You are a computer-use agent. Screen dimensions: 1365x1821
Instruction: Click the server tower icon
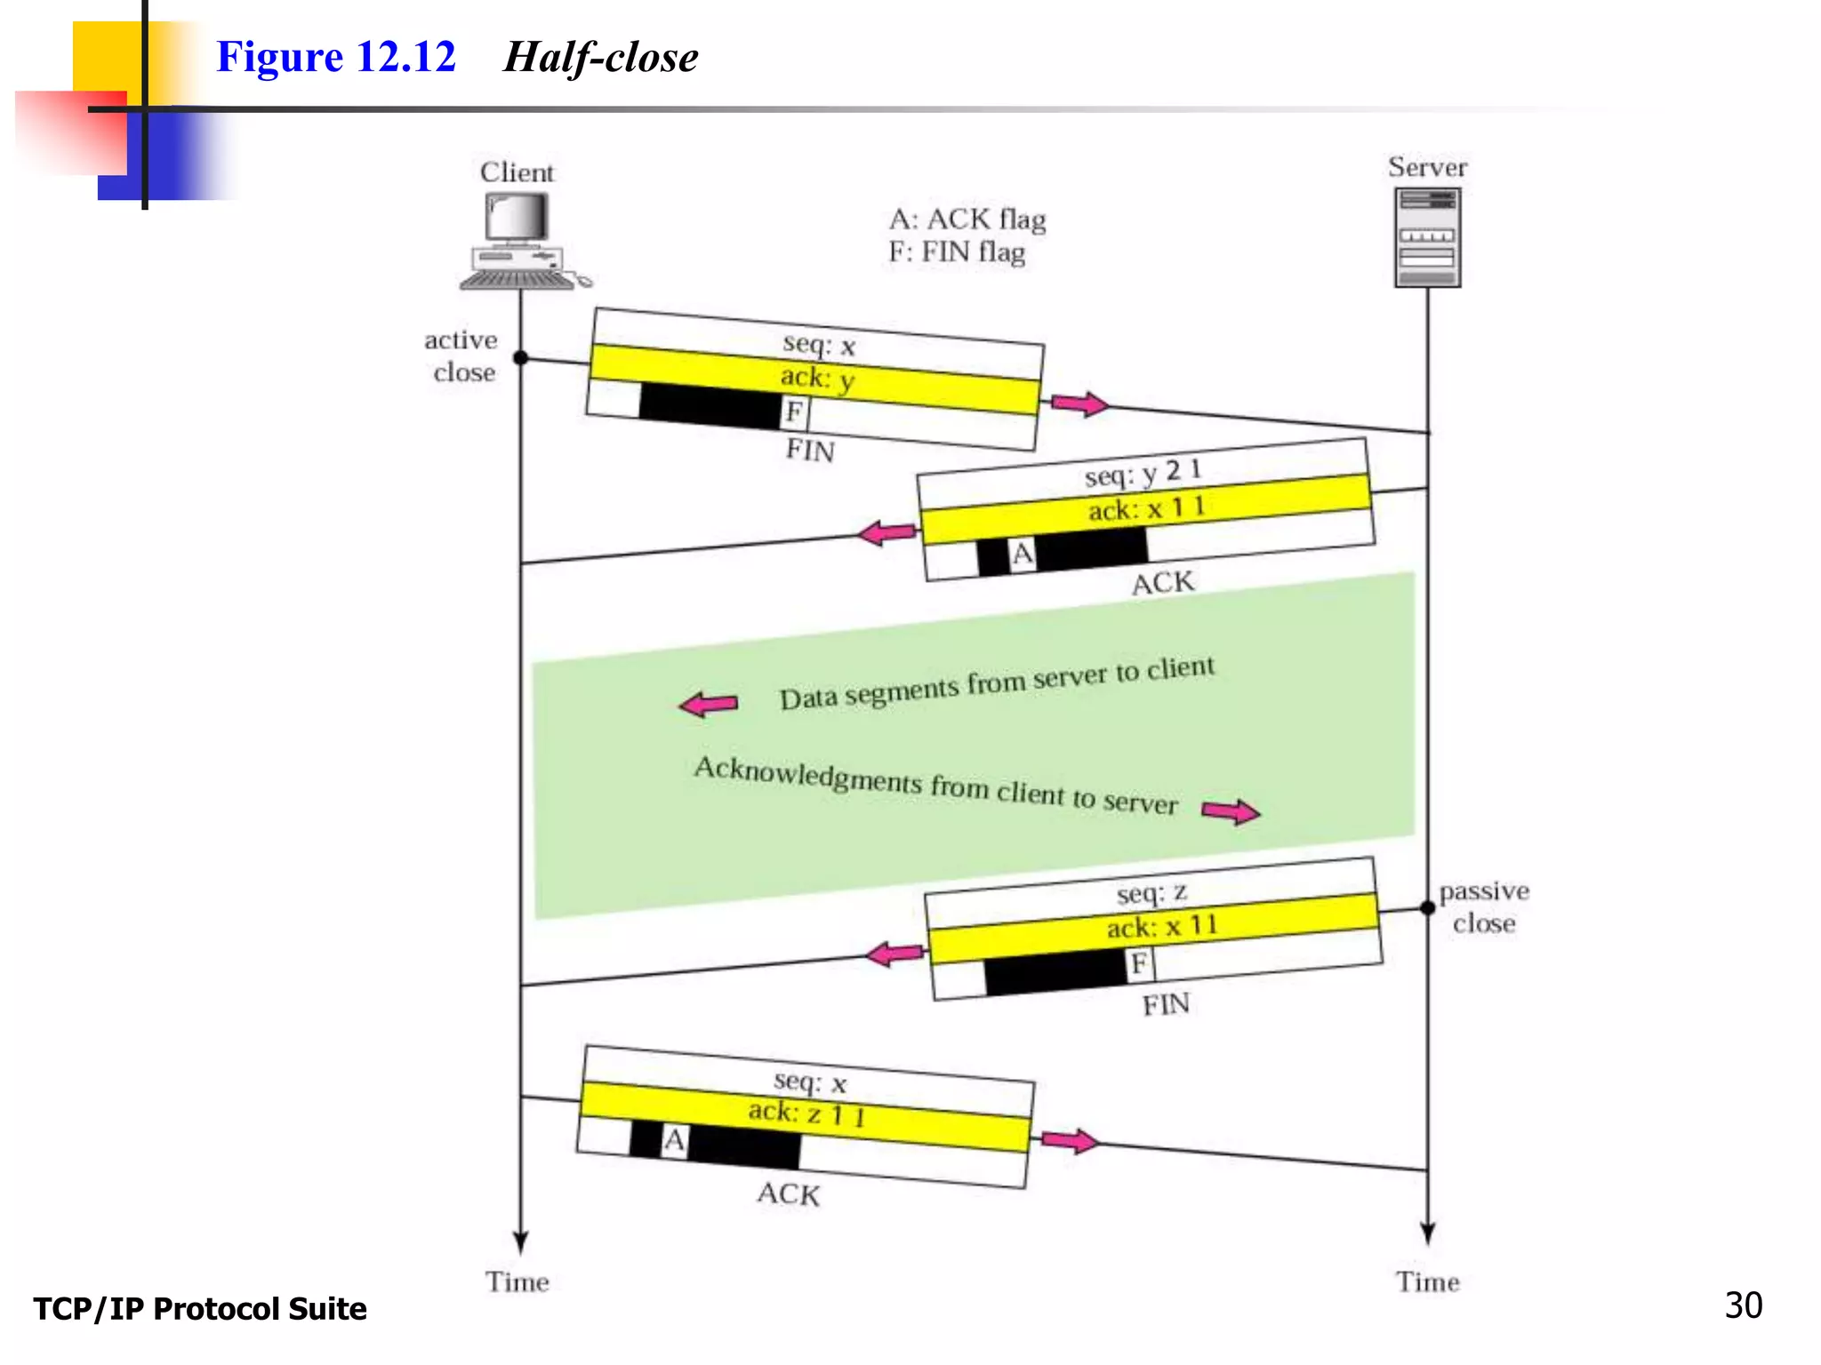pyautogui.click(x=1427, y=238)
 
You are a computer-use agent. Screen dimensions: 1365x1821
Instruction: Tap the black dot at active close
pyautogui.click(x=521, y=358)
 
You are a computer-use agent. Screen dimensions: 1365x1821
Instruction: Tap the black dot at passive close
pyautogui.click(x=1428, y=907)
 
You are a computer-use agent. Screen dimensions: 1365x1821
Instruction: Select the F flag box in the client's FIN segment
pyautogui.click(x=794, y=412)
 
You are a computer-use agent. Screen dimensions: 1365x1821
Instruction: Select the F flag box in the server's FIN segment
pyautogui.click(x=1139, y=963)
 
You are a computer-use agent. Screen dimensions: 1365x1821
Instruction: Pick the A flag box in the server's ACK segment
pyautogui.click(x=1023, y=555)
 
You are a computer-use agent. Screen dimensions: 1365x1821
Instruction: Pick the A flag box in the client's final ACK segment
pyautogui.click(x=675, y=1140)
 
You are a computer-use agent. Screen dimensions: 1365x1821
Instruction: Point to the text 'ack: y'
pyautogui.click(x=817, y=378)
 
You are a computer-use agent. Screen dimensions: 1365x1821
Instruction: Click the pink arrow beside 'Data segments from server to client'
pyautogui.click(x=709, y=705)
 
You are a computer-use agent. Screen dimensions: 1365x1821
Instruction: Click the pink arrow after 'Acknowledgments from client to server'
pyautogui.click(x=1231, y=810)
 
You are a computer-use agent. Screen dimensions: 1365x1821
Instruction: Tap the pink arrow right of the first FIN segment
pyautogui.click(x=1079, y=403)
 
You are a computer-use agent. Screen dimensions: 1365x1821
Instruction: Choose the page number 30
pyautogui.click(x=1743, y=1305)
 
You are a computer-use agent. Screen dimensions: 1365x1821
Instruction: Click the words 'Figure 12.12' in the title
pyautogui.click(x=336, y=57)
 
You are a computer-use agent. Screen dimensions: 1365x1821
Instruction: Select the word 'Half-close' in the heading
pyautogui.click(x=601, y=58)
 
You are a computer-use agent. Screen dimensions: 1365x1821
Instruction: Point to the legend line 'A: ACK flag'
pyautogui.click(x=967, y=219)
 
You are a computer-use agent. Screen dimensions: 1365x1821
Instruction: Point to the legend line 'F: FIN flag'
pyautogui.click(x=957, y=252)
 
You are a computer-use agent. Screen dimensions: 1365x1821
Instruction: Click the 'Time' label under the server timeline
pyautogui.click(x=1427, y=1281)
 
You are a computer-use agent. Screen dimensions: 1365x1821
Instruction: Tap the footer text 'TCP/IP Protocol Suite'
pyautogui.click(x=200, y=1309)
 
